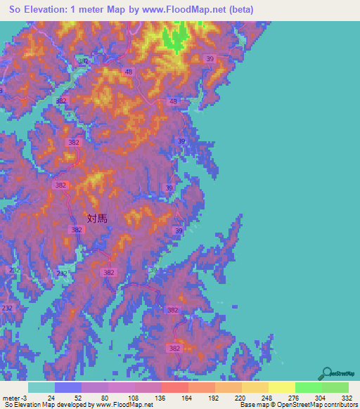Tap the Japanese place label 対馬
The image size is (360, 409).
pos(97,219)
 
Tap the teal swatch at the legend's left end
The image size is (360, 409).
pos(41,387)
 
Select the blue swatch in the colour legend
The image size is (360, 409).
pos(68,387)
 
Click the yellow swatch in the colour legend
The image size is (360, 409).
pos(282,387)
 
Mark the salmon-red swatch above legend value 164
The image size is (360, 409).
pos(175,387)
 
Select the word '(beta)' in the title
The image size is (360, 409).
pos(237,9)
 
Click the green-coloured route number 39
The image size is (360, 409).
pos(153,270)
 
